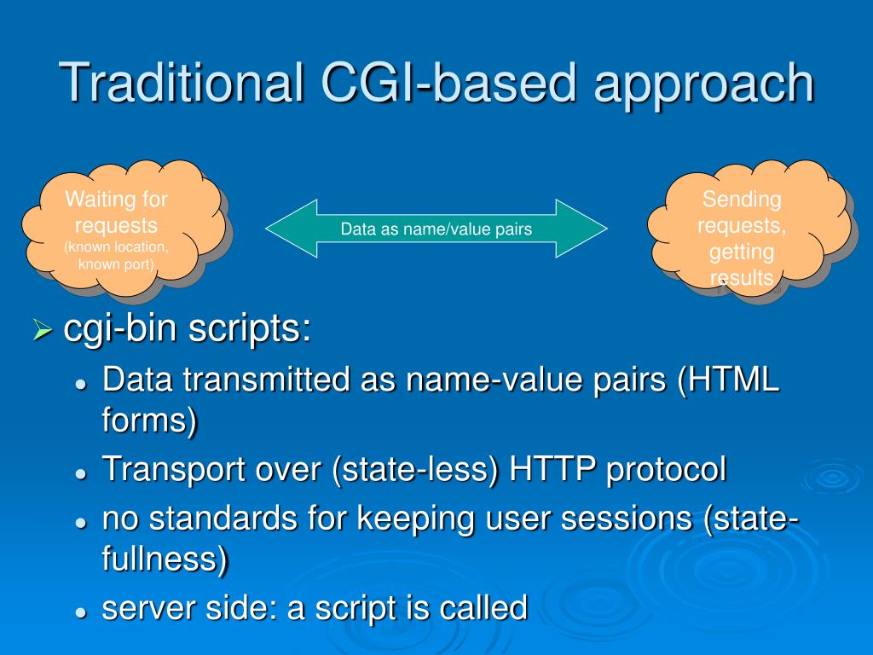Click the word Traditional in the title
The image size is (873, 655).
pos(182,83)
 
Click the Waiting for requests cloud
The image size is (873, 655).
pos(119,230)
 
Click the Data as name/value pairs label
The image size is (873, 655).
pos(436,229)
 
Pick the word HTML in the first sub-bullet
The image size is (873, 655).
pos(737,380)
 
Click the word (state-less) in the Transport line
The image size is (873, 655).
pos(417,468)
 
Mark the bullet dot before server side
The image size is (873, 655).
pos(81,612)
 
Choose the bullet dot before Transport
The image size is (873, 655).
pos(81,472)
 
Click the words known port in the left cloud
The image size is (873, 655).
pos(116,264)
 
